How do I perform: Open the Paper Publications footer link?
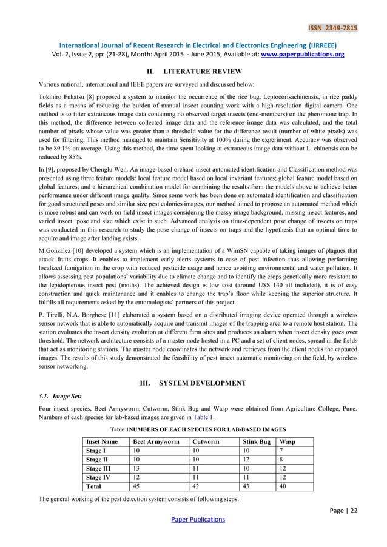[x=193, y=520]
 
